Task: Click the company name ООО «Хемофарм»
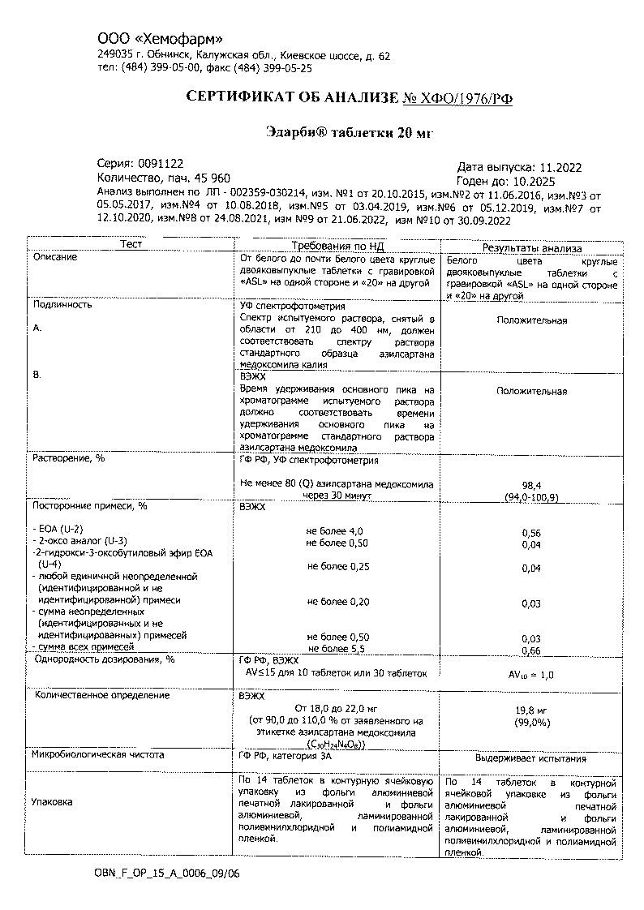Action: (x=160, y=39)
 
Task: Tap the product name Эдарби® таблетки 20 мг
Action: (x=350, y=133)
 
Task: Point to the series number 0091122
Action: (x=161, y=163)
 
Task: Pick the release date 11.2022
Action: (x=561, y=167)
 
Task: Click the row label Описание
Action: (x=55, y=257)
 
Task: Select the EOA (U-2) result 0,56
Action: (x=531, y=532)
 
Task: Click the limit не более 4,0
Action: (x=335, y=530)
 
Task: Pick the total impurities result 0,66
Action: (x=531, y=650)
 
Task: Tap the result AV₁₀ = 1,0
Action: (x=530, y=674)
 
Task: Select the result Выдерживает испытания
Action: (x=530, y=759)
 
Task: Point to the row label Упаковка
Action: (x=52, y=801)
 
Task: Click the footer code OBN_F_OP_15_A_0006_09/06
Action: (x=168, y=874)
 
